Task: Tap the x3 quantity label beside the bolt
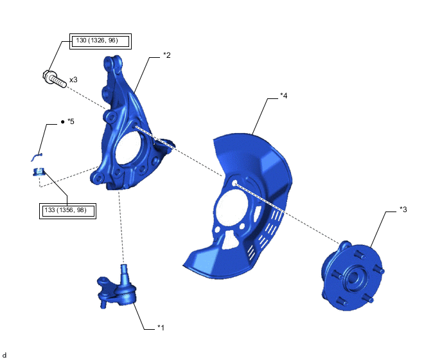[73, 80]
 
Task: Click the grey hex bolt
[55, 79]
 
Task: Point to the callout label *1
[161, 328]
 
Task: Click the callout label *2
[167, 55]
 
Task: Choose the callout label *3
[403, 210]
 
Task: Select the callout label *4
[283, 96]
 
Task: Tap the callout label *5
[71, 122]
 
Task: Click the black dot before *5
[62, 122]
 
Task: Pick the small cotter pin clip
[37, 157]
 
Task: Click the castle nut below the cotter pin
[39, 172]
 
